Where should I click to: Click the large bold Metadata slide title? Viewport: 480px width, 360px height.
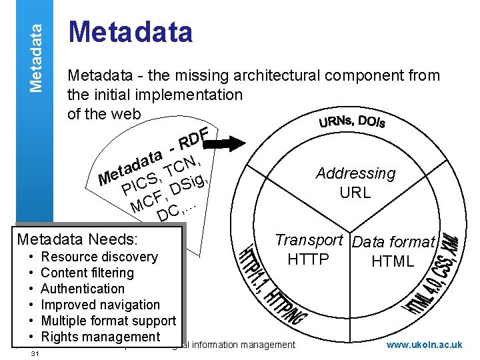pos(131,32)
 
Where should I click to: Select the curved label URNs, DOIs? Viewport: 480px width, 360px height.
pos(352,122)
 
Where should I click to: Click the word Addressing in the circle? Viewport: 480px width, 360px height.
pos(355,174)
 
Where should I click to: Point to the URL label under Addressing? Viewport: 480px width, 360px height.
pos(355,194)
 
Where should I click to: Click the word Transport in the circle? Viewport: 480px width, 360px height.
pos(309,241)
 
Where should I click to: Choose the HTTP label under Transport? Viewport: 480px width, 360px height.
pos(308,259)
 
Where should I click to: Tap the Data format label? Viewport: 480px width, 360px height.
pos(393,243)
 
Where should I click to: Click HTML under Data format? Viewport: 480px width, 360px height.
pos(393,261)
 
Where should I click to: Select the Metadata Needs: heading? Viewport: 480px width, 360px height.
pos(77,239)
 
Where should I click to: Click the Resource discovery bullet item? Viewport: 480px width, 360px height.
pos(99,257)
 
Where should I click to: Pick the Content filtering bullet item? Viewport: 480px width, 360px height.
pos(87,273)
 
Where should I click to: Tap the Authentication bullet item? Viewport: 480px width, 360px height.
pos(83,289)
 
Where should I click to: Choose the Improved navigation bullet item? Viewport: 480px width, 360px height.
pos(100,305)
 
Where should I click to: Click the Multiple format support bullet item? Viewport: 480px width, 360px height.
pos(108,321)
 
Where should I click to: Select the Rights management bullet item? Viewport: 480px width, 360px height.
pos(100,337)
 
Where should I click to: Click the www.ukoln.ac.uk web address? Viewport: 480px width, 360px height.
pos(424,345)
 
